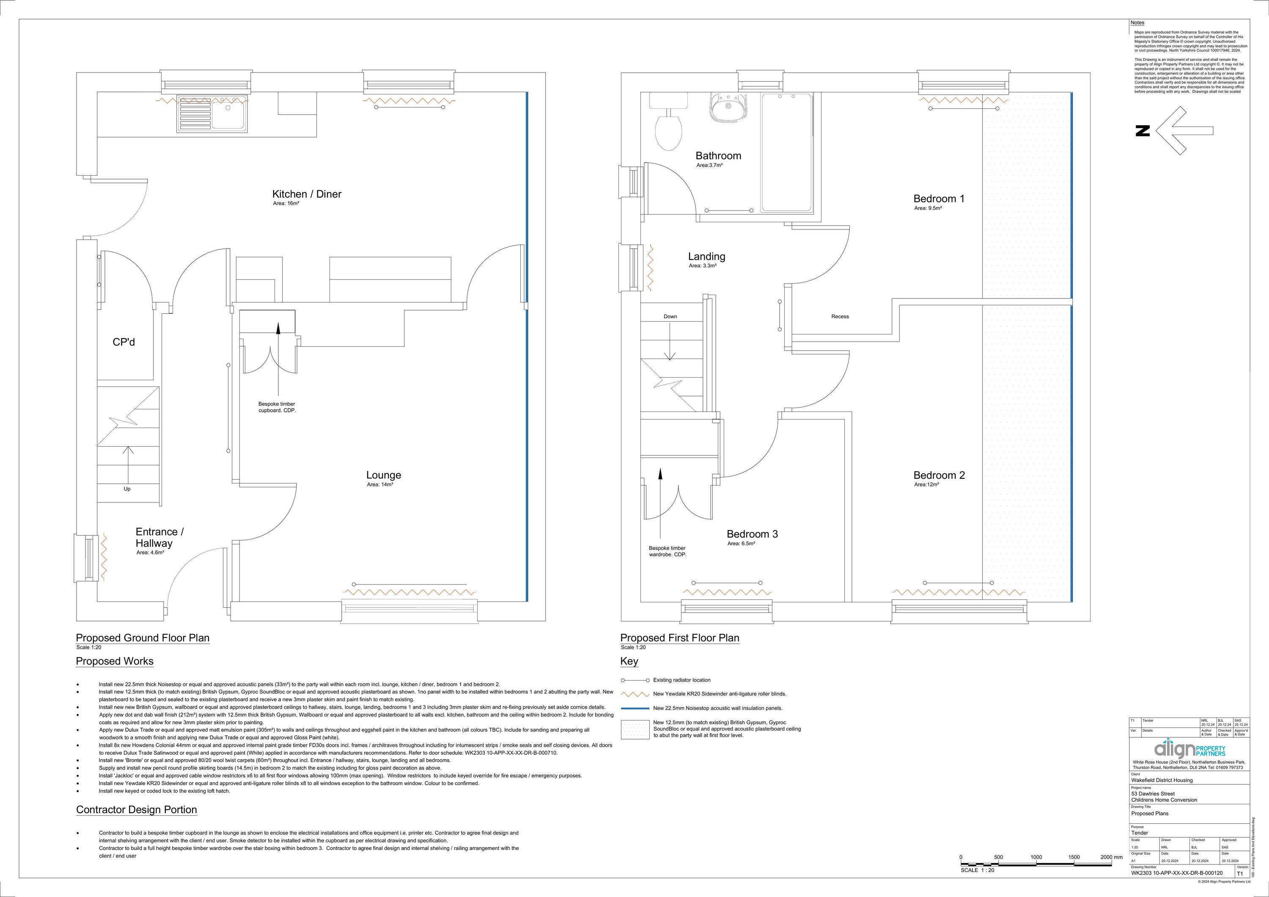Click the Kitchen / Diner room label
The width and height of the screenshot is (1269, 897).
[307, 194]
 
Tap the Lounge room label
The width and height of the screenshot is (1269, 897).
[384, 475]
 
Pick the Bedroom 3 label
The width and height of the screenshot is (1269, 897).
[752, 534]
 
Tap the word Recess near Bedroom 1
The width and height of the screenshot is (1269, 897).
[840, 316]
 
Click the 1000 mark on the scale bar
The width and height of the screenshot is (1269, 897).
[1036, 857]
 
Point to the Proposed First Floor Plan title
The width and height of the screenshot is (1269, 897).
[679, 638]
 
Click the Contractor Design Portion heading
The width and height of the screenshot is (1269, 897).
[137, 810]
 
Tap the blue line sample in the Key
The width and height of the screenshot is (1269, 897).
[634, 708]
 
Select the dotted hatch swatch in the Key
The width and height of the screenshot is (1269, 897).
[634, 729]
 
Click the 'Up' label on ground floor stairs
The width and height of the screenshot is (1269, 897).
[127, 489]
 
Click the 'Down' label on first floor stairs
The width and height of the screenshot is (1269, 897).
[670, 316]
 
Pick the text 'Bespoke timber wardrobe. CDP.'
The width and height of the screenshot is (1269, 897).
[667, 551]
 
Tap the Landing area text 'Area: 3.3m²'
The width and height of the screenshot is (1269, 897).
[703, 266]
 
